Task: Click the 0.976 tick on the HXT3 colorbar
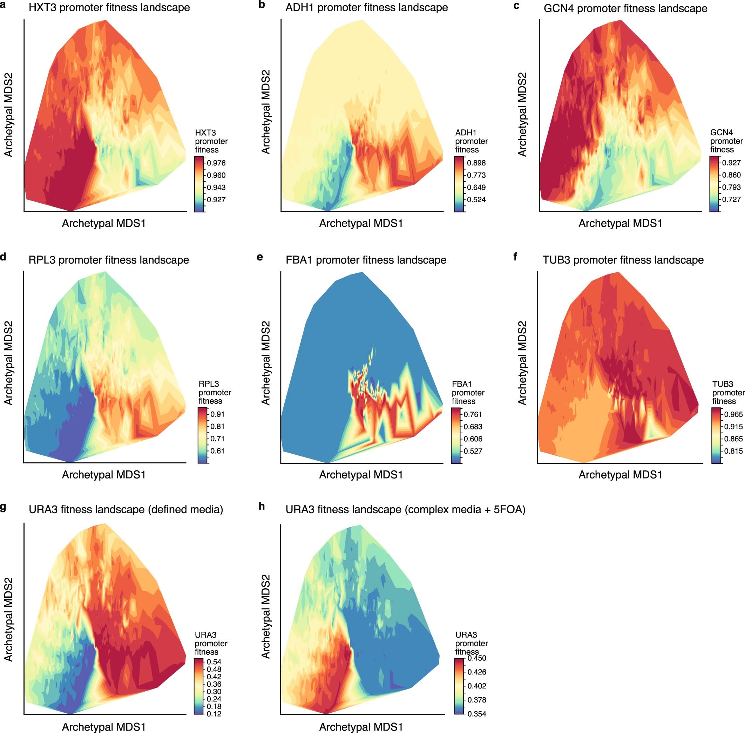[216, 163]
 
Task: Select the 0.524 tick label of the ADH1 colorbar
[476, 200]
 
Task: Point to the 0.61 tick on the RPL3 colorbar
[217, 451]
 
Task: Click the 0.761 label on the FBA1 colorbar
[473, 415]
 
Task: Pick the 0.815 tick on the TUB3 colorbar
[733, 451]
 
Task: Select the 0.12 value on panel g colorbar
[214, 714]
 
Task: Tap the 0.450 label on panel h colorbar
[477, 658]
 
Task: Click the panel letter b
[262, 5]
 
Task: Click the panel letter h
[262, 506]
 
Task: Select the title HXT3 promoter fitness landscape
[109, 8]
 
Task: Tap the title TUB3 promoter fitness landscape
[623, 260]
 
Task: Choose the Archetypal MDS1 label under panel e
[361, 475]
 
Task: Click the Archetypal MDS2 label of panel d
[8, 363]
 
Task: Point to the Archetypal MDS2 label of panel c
[522, 115]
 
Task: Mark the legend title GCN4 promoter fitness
[726, 141]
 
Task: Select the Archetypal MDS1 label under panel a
[104, 223]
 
